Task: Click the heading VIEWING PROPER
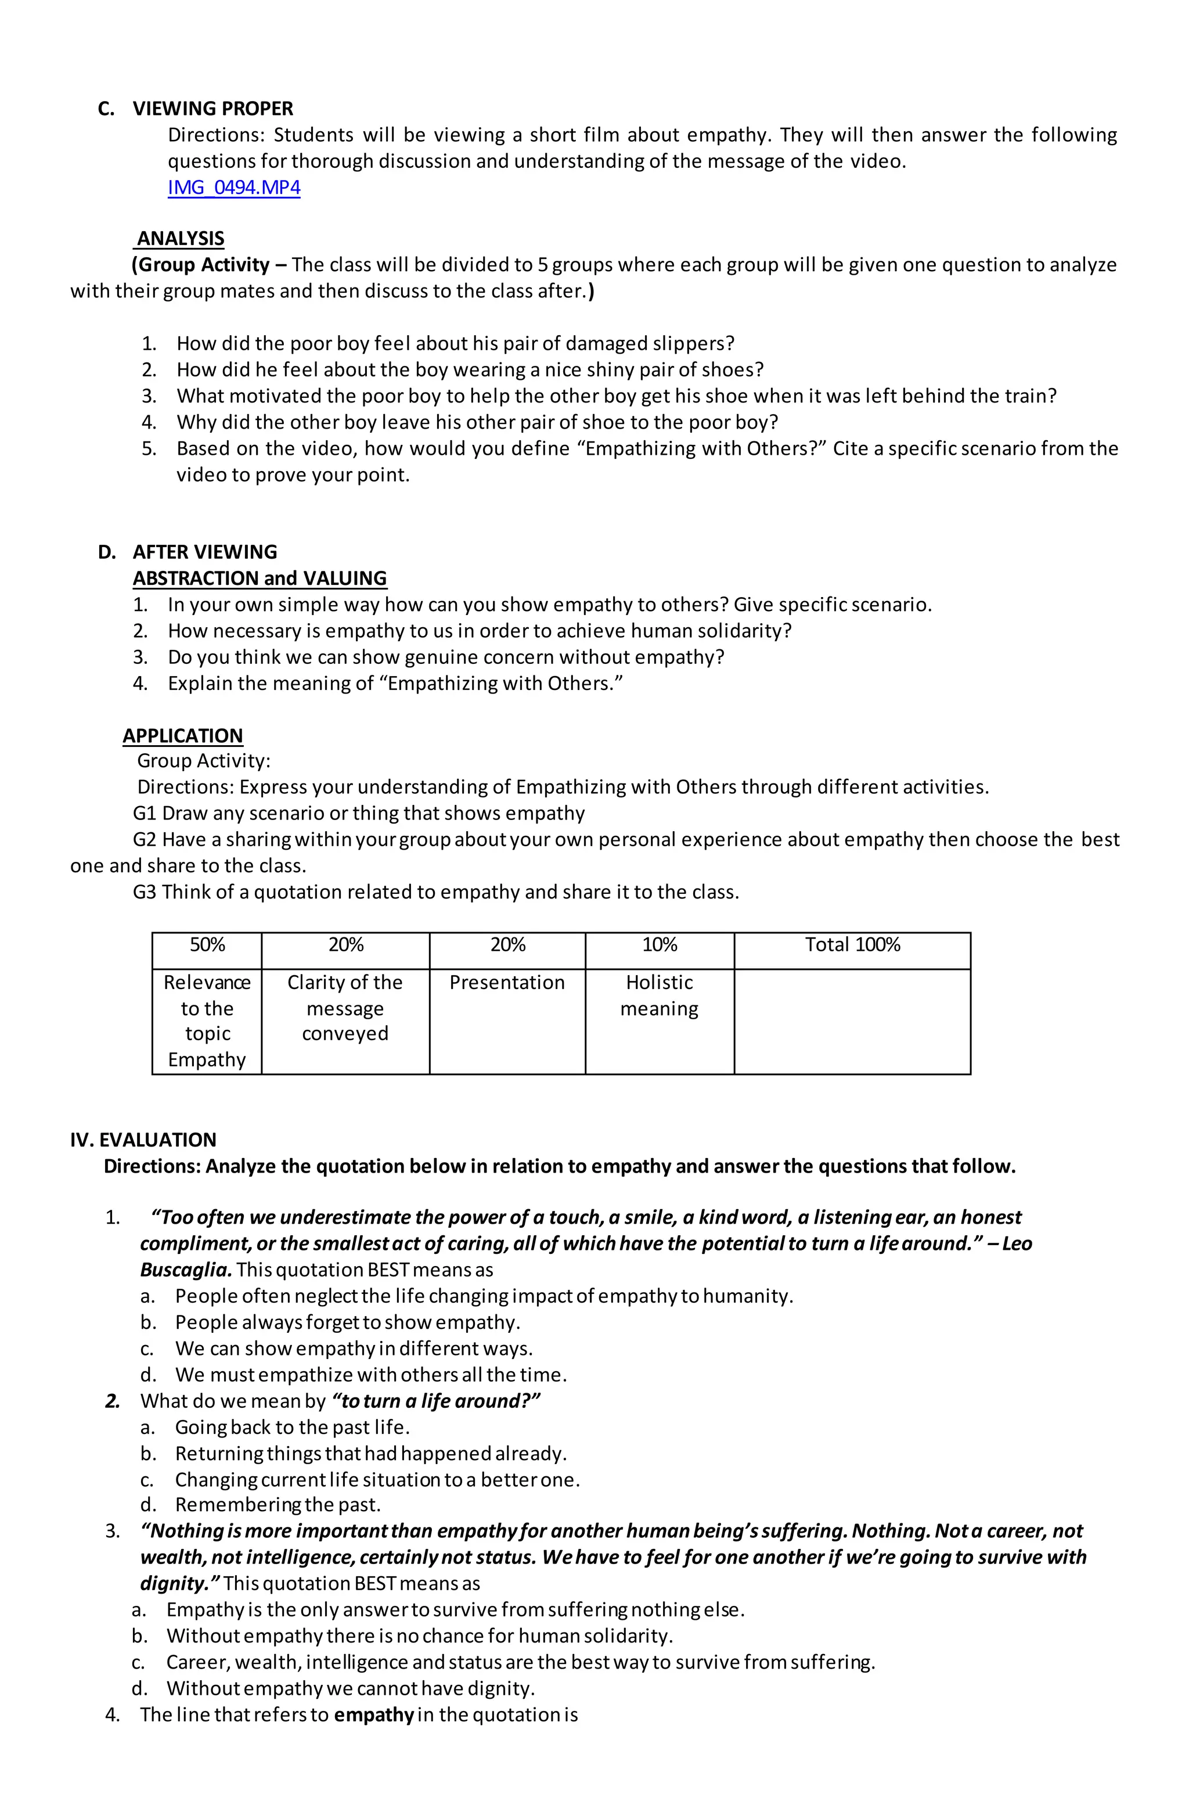[x=212, y=109]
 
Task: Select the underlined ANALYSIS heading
[x=181, y=239]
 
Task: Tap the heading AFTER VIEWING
[x=205, y=552]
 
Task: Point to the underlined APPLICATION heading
[x=183, y=735]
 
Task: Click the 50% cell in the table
[x=207, y=946]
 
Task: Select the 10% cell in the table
[x=660, y=946]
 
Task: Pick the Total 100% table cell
[x=852, y=946]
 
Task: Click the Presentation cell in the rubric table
[x=507, y=983]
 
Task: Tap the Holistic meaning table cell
[x=659, y=995]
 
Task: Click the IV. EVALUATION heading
[x=143, y=1139]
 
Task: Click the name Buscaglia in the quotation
[x=185, y=1270]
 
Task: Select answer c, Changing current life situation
[x=377, y=1480]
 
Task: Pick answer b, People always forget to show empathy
[x=347, y=1322]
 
